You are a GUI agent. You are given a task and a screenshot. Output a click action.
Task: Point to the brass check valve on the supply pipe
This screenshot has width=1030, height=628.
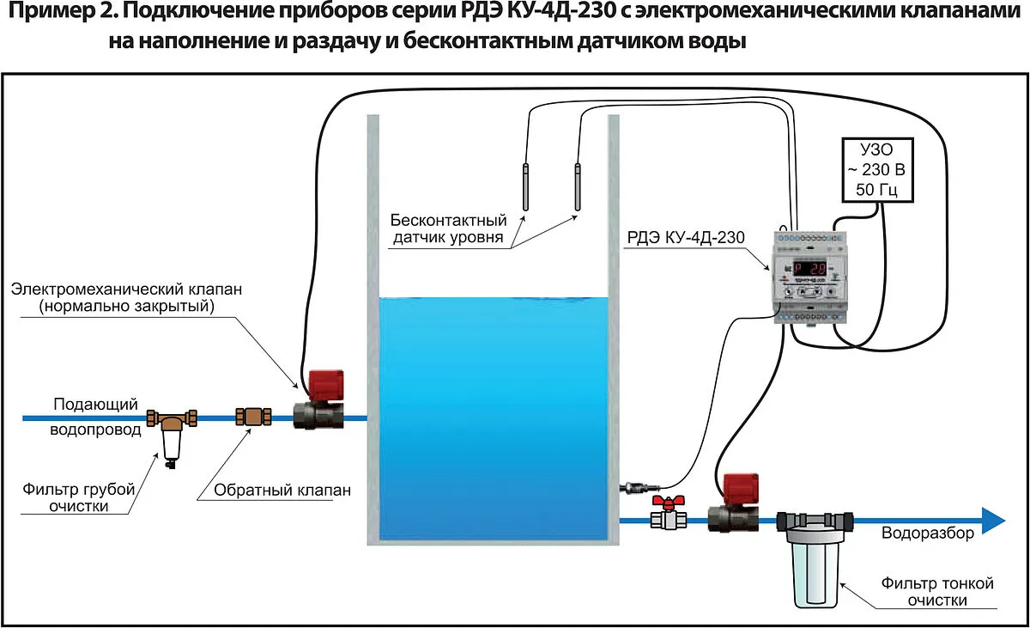click(x=253, y=418)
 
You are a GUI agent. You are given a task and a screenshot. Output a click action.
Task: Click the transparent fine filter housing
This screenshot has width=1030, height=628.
click(x=815, y=563)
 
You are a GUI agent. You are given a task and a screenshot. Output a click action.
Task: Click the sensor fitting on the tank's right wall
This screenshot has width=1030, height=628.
click(x=632, y=487)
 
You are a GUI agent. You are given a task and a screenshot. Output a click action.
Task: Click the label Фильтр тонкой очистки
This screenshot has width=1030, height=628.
click(x=937, y=592)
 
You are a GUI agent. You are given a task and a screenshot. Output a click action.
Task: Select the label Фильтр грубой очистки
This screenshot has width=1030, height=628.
click(x=79, y=497)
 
